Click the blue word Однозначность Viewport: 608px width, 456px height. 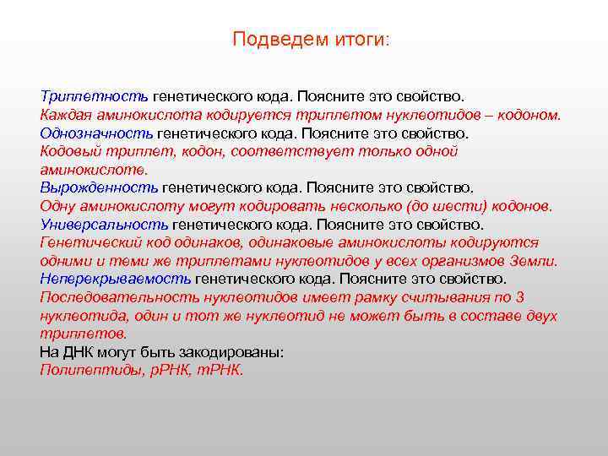pos(97,133)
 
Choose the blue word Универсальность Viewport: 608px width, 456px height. pos(105,225)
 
